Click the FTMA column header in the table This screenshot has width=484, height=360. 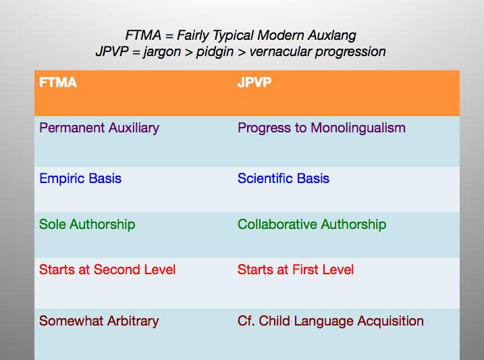(58, 83)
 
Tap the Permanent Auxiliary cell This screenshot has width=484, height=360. (99, 128)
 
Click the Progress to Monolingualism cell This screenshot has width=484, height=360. (321, 128)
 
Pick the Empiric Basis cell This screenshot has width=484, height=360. (80, 179)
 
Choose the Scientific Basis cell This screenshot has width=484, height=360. (284, 179)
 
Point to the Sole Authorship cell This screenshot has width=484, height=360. (87, 224)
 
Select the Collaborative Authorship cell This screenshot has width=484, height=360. (312, 224)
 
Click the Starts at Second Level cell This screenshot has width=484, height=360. (107, 269)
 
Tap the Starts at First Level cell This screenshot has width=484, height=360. (296, 269)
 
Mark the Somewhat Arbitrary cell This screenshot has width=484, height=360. (99, 321)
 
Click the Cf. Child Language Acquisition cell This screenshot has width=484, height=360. (331, 321)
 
